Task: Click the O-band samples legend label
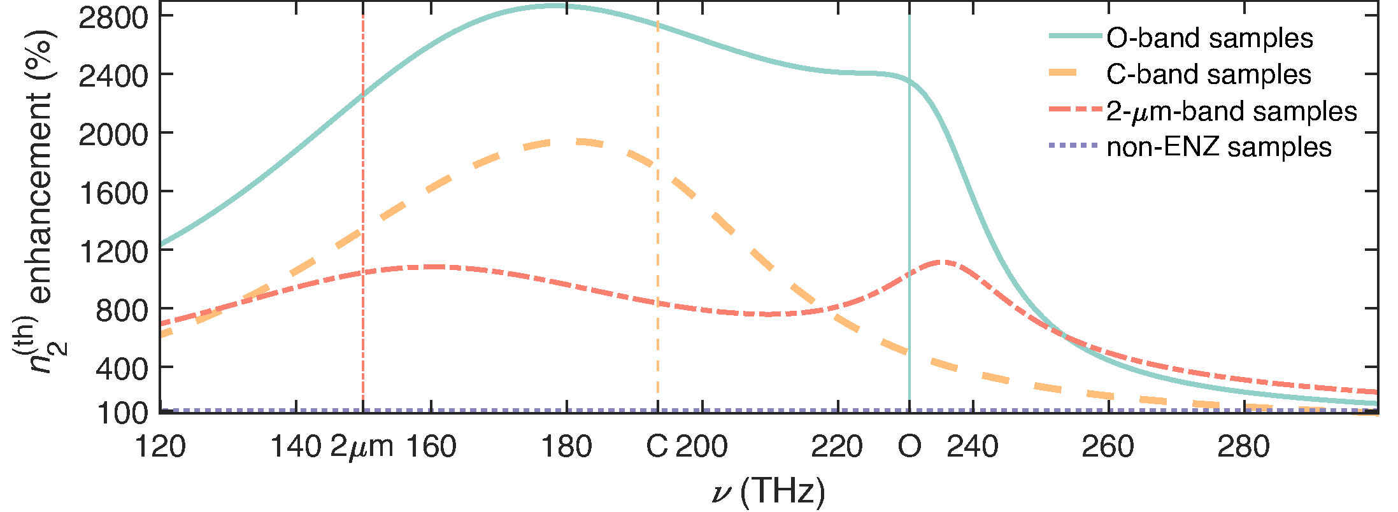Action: tap(1209, 38)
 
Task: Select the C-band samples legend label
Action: tap(1209, 75)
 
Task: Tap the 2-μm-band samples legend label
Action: tap(1232, 111)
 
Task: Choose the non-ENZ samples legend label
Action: tap(1219, 147)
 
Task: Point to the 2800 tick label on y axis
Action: tap(113, 17)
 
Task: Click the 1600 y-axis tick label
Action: tap(113, 192)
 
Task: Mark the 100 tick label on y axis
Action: tap(122, 413)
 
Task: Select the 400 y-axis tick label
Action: tap(122, 367)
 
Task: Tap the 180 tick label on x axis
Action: tap(566, 447)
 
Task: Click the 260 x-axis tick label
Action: tap(1108, 447)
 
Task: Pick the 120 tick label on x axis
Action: tap(160, 447)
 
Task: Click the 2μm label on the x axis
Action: tap(362, 447)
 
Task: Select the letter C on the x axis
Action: tap(657, 447)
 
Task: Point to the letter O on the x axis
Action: tap(909, 447)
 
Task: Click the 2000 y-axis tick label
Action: tap(113, 134)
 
